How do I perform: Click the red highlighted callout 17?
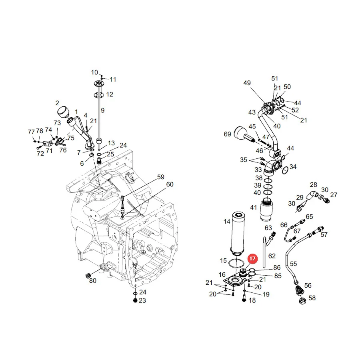(x=252, y=258)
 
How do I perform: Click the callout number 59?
(x=161, y=177)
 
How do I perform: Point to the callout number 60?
(x=170, y=184)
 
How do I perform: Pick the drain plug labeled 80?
(x=88, y=275)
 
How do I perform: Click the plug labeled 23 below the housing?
(x=135, y=300)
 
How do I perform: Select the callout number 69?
(x=227, y=134)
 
